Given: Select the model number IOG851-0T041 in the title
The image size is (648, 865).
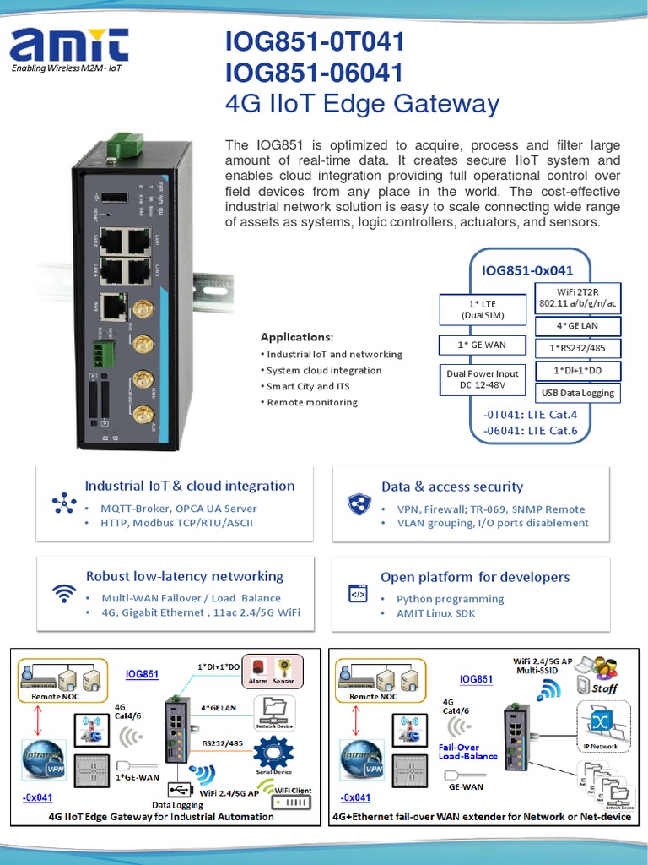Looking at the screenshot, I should click(315, 41).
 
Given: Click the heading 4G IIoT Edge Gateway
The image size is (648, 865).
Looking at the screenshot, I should click(362, 104).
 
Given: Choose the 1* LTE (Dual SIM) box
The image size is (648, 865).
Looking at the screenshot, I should click(482, 309).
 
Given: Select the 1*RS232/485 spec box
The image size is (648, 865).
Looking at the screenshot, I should click(578, 348).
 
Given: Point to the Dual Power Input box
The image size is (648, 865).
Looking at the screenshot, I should click(482, 379).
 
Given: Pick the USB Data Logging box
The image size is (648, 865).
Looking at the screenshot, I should click(578, 393).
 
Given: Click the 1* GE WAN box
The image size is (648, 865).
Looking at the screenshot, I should click(482, 345).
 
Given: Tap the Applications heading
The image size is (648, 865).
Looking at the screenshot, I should click(296, 336).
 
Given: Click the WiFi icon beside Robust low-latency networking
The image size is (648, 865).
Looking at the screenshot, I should click(64, 594).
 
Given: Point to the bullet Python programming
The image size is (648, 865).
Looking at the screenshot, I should click(450, 599).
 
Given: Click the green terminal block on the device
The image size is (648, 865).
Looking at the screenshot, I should click(104, 352).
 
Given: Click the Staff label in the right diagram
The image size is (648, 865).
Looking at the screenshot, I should click(604, 688).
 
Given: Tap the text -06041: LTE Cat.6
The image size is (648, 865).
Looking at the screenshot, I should click(529, 430).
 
